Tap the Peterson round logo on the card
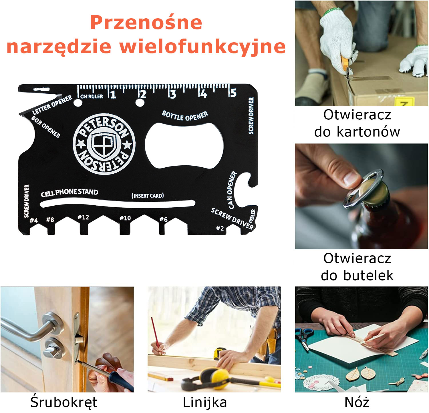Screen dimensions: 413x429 click(x=104, y=144)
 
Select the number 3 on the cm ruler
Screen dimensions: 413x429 click(x=172, y=94)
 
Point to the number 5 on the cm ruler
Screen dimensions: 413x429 click(x=233, y=93)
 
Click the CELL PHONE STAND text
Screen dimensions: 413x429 click(x=69, y=193)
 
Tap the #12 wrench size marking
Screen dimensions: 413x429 click(x=83, y=217)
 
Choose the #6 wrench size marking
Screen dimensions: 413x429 click(x=163, y=219)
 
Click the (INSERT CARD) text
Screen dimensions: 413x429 click(x=148, y=196)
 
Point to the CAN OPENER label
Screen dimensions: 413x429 click(x=232, y=190)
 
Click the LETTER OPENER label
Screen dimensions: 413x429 click(x=52, y=105)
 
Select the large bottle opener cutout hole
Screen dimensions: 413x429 click(x=184, y=146)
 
